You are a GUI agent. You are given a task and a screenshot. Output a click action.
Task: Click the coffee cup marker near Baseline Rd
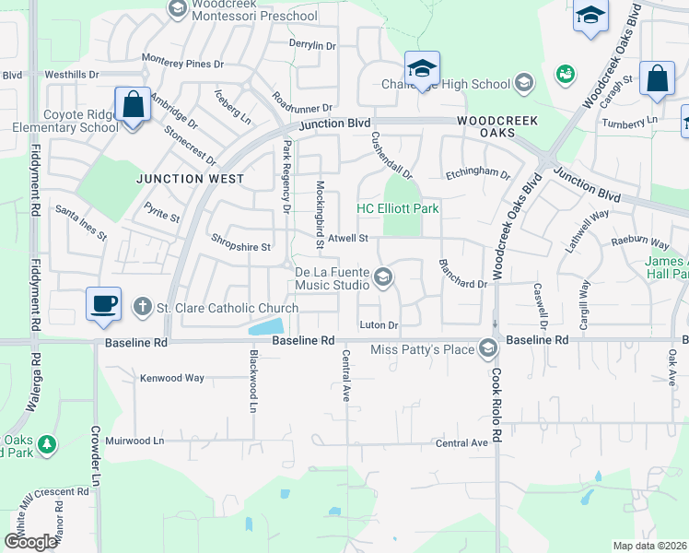[103, 303]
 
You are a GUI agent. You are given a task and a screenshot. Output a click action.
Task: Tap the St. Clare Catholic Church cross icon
[141, 306]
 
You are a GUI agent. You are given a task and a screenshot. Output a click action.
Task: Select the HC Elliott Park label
[398, 209]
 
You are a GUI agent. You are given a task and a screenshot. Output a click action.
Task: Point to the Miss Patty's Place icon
[487, 348]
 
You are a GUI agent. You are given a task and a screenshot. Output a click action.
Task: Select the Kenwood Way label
[171, 378]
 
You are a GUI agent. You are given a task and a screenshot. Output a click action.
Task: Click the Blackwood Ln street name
[252, 381]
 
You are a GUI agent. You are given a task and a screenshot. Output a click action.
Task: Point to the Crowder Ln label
[95, 454]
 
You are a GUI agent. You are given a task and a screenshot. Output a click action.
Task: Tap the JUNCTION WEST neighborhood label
[192, 179]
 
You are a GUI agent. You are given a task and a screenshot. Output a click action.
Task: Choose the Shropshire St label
[240, 247]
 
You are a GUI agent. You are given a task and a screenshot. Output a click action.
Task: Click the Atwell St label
[347, 238]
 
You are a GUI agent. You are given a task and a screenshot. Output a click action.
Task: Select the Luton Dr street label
[379, 325]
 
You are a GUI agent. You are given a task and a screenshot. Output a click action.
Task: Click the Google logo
[30, 541]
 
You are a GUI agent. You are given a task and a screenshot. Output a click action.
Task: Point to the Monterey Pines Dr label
[183, 64]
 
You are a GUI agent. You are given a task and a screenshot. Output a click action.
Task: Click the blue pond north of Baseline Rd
[266, 326]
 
